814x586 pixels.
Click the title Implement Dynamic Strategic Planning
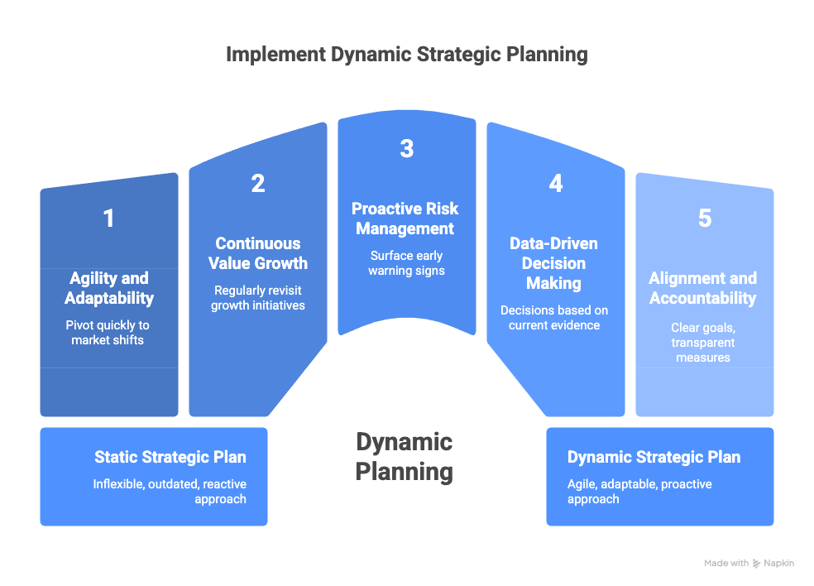click(406, 55)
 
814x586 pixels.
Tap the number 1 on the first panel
click(108, 219)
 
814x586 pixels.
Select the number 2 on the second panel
click(258, 184)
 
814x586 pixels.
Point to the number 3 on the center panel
click(406, 149)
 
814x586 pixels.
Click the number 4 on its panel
click(555, 184)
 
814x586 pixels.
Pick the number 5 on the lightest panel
click(704, 219)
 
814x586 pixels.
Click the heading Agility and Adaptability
click(108, 287)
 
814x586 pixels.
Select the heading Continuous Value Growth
click(258, 253)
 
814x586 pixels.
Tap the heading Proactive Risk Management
click(405, 219)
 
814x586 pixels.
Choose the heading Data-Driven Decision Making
click(554, 263)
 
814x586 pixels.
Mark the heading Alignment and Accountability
click(703, 287)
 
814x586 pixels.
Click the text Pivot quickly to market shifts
click(108, 332)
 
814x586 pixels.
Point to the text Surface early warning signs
click(406, 262)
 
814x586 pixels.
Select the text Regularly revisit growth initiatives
click(258, 297)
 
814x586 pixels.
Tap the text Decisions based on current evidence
click(554, 317)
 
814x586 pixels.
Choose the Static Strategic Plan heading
click(170, 458)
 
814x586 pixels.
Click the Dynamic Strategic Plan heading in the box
click(654, 458)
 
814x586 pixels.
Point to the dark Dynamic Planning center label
click(405, 457)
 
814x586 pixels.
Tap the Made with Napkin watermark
click(749, 564)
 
